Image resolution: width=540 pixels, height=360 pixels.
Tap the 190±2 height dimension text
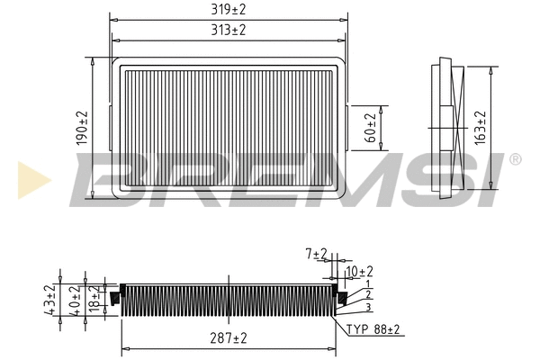pyautogui.click(x=82, y=129)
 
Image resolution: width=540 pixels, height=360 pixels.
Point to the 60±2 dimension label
pyautogui.click(x=370, y=127)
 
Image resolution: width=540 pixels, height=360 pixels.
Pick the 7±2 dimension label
pyautogui.click(x=316, y=256)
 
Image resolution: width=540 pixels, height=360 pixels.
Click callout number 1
pyautogui.click(x=367, y=284)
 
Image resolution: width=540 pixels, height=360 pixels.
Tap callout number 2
pyautogui.click(x=367, y=295)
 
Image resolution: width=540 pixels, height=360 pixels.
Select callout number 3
pyautogui.click(x=367, y=307)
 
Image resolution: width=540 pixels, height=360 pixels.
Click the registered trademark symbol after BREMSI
pyautogui.click(x=514, y=159)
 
